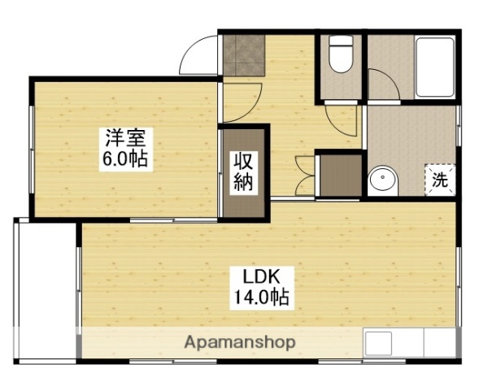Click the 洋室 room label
(x=124, y=136)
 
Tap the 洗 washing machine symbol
(x=439, y=180)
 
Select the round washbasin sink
(x=381, y=180)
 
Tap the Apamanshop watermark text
(x=240, y=342)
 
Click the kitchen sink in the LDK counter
(x=382, y=344)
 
